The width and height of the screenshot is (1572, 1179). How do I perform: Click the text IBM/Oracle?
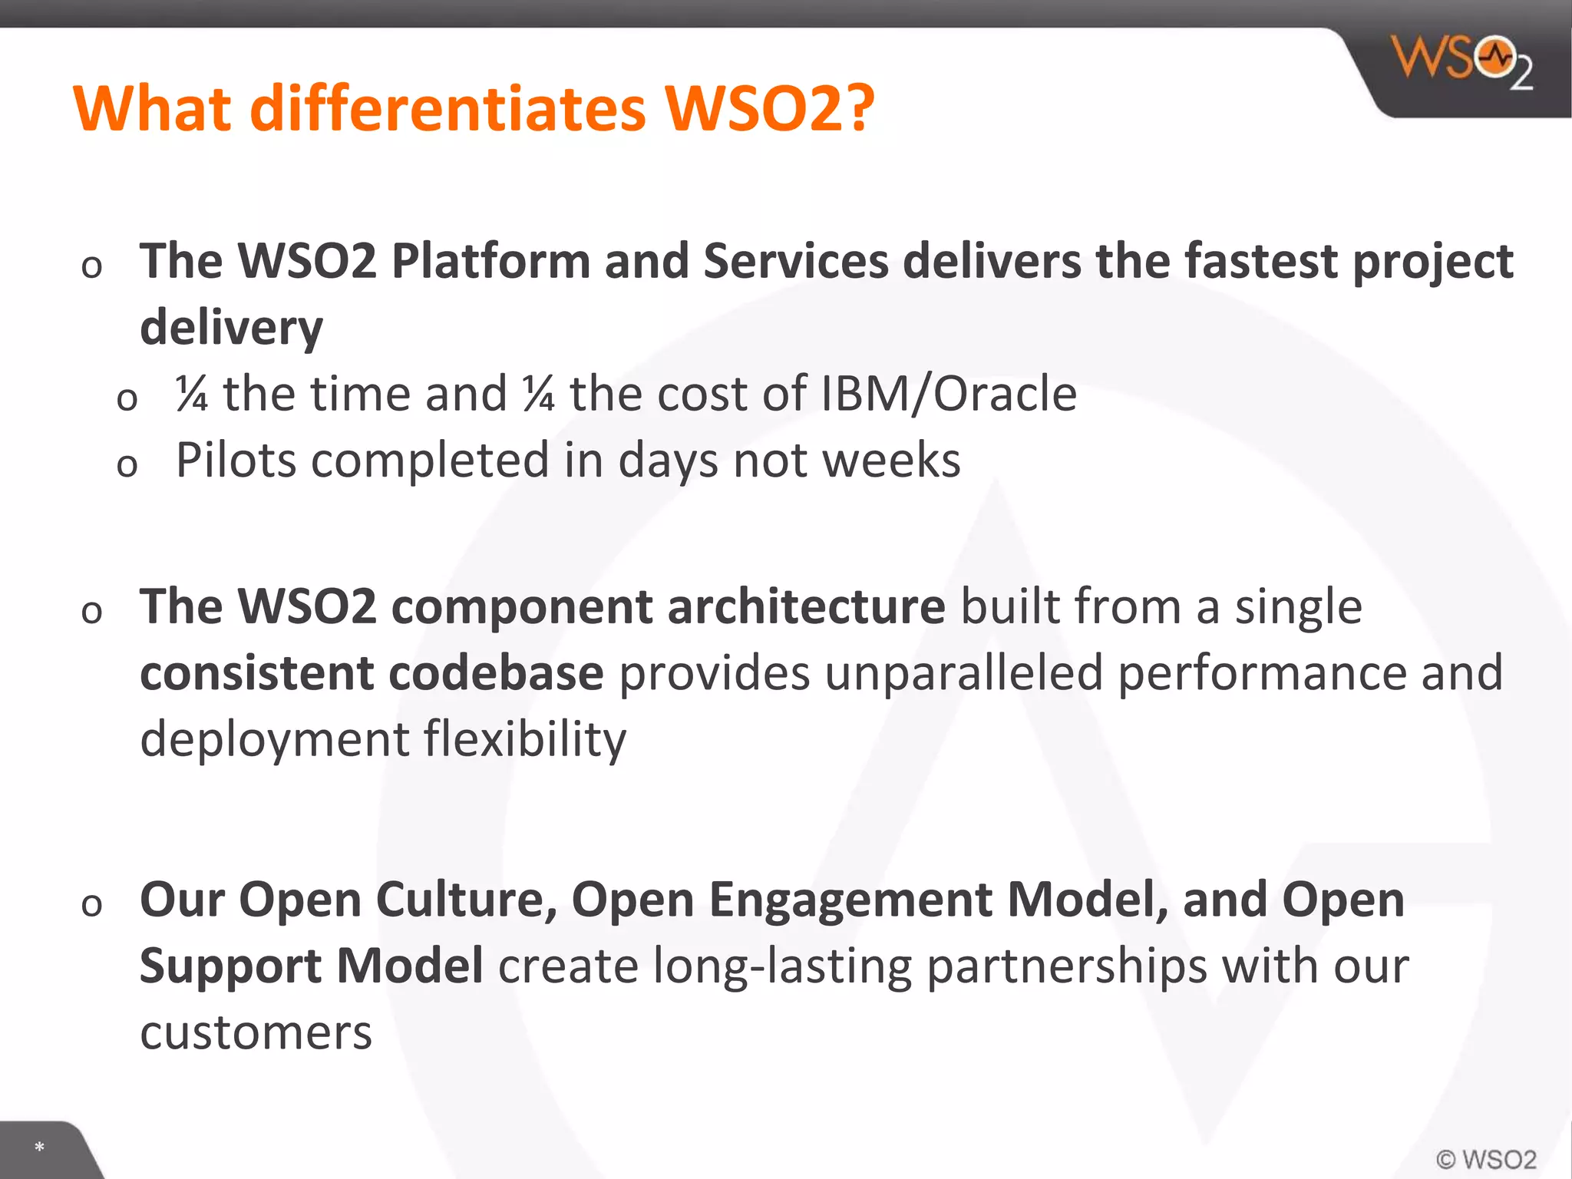949,394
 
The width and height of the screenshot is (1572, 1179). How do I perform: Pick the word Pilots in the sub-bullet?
236,461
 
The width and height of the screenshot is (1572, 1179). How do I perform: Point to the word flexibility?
525,739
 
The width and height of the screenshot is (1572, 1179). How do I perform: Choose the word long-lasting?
782,966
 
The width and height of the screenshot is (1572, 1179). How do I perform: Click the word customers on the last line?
256,1032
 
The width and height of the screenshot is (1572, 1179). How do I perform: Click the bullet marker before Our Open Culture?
91,904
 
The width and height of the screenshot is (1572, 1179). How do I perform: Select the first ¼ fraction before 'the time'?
192,394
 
